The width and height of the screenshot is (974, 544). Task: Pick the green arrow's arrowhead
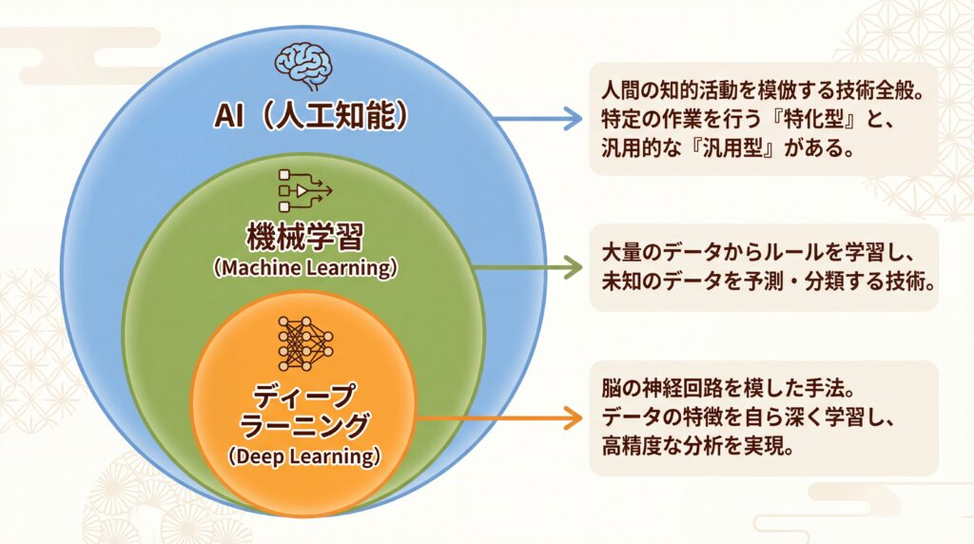pyautogui.click(x=573, y=269)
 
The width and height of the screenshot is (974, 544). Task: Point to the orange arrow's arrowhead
pyautogui.click(x=573, y=417)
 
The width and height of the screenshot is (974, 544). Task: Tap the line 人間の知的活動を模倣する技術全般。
pyautogui.click(x=764, y=91)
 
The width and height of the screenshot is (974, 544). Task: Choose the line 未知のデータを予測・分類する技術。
pyautogui.click(x=764, y=283)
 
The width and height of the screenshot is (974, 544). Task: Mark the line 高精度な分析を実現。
pyautogui.click(x=698, y=446)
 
